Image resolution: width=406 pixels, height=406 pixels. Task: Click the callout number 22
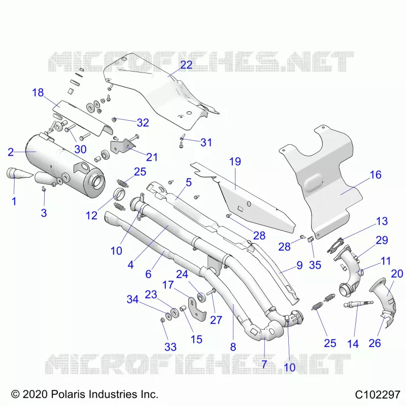pos(186,65)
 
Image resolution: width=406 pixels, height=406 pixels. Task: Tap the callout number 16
pos(376,175)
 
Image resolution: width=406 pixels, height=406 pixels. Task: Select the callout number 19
pos(235,161)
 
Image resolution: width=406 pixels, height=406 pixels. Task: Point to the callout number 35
pos(315,265)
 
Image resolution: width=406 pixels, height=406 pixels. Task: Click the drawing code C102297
pos(378,395)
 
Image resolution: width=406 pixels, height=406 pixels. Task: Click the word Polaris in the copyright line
pos(69,394)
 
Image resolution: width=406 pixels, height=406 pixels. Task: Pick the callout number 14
pos(353,344)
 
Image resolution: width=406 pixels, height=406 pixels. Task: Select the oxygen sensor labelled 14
pos(358,304)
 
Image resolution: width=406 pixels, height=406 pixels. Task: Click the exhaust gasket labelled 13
pos(335,245)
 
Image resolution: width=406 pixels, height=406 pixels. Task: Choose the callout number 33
pos(171,347)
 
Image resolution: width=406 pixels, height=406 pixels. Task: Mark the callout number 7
pos(264,364)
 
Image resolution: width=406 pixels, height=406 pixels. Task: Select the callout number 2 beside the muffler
pos(11,152)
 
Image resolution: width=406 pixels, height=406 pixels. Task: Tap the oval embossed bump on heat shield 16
pos(313,181)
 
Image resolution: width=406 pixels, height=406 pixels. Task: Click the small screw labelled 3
pos(44,189)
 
